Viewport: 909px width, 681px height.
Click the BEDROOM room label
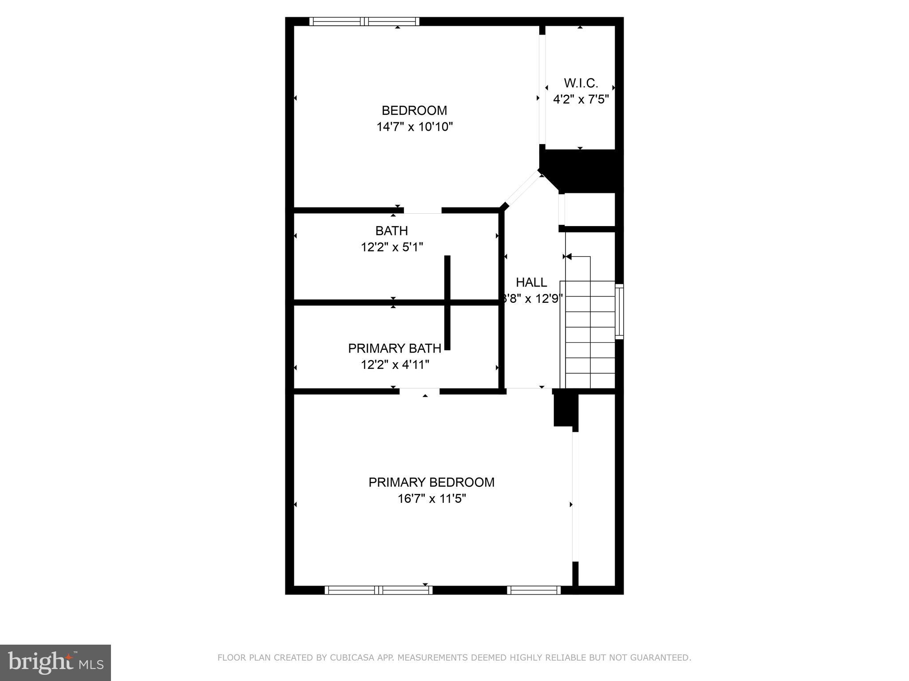pyautogui.click(x=414, y=110)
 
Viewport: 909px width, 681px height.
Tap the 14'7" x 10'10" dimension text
pyautogui.click(x=414, y=127)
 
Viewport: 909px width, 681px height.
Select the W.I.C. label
pyautogui.click(x=581, y=83)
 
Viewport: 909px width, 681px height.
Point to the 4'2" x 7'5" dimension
pyautogui.click(x=581, y=99)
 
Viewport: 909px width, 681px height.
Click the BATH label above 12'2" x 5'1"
pyautogui.click(x=391, y=231)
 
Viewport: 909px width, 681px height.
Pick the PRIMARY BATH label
pyautogui.click(x=395, y=348)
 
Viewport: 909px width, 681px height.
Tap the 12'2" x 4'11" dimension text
pyautogui.click(x=395, y=365)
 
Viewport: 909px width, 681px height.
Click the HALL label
pyautogui.click(x=531, y=282)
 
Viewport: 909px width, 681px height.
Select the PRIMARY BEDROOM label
pyautogui.click(x=431, y=482)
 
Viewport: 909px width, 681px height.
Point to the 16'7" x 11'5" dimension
pyautogui.click(x=431, y=499)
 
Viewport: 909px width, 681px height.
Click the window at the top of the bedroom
pyautogui.click(x=364, y=21)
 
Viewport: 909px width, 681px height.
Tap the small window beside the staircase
pyautogui.click(x=619, y=311)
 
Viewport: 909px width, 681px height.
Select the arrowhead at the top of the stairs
pyautogui.click(x=569, y=256)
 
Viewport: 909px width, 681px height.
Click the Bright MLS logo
pyautogui.click(x=55, y=662)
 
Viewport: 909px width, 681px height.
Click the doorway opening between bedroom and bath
pyautogui.click(x=423, y=211)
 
